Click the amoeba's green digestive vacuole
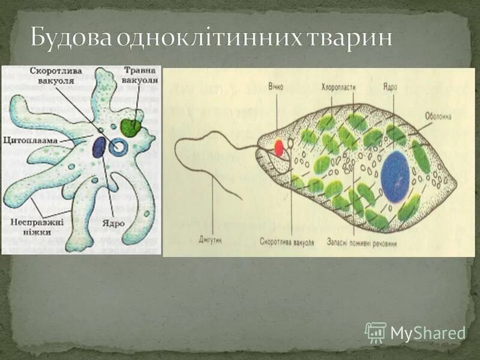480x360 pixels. (131, 127)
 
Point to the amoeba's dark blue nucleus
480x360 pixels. (99, 148)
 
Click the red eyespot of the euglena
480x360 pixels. (279, 145)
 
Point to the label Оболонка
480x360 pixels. (438, 116)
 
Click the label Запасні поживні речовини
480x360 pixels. (361, 244)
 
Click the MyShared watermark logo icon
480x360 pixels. (376, 332)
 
